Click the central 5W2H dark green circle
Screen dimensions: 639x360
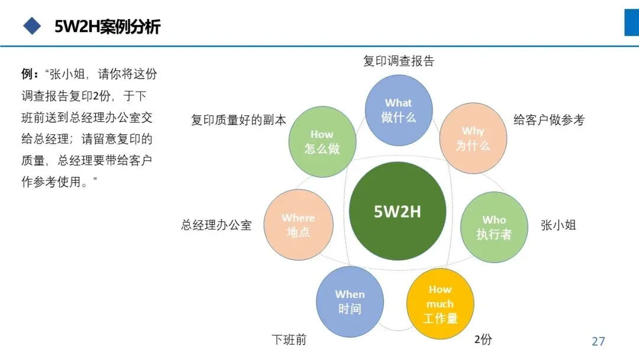[397, 211]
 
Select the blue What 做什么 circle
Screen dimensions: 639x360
[398, 110]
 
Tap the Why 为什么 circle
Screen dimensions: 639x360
[473, 139]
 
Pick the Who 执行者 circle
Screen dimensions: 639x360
[494, 227]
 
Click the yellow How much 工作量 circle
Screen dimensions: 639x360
[440, 304]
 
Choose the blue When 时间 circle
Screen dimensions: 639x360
[350, 301]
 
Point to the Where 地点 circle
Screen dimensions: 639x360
[298, 225]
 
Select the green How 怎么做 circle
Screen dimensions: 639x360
[322, 142]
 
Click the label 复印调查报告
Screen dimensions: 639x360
[398, 60]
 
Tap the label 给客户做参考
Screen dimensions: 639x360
[548, 120]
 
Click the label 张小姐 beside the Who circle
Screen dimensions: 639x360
[558, 225]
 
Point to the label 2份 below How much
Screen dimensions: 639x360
[483, 339]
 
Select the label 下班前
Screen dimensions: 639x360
[289, 340]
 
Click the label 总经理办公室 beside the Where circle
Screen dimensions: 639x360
[216, 225]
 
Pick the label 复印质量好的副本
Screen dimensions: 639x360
[238, 120]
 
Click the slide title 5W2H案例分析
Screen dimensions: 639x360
[107, 27]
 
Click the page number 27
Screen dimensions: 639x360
[598, 341]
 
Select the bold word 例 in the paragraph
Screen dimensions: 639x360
[27, 75]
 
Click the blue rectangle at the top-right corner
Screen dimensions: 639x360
[631, 22]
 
